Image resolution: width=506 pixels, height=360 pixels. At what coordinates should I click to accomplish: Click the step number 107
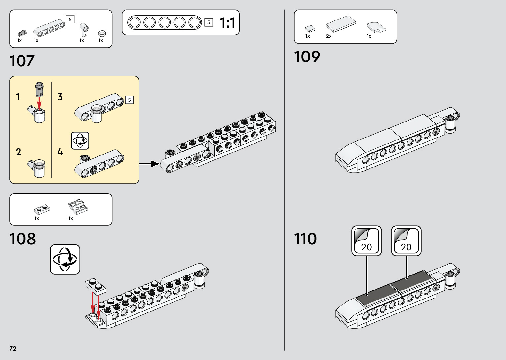22,61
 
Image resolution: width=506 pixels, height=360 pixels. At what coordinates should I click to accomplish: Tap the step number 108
22,239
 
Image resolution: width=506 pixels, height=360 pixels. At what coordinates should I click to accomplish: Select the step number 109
307,57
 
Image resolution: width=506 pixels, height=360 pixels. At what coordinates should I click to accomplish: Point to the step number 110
305,239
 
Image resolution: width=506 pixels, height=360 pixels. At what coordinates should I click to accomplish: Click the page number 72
13,348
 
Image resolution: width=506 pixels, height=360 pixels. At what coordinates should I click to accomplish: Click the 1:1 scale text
227,23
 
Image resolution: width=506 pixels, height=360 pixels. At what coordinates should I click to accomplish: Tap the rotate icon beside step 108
65,260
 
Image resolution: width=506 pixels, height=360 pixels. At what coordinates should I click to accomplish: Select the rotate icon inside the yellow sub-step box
80,140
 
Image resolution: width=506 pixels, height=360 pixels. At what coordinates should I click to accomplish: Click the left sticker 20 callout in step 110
367,241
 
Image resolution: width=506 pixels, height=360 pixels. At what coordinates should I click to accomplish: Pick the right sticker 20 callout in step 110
406,241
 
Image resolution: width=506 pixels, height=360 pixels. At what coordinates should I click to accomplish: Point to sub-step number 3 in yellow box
60,97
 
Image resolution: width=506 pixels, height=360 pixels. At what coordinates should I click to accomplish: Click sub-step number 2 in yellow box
19,152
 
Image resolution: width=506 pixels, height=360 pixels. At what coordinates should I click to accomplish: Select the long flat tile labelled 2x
341,24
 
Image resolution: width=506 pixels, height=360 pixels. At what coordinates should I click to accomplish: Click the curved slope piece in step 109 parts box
376,27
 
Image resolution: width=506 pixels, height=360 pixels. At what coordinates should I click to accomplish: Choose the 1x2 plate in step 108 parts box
42,209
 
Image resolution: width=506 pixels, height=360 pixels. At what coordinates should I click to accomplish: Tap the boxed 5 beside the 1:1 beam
209,22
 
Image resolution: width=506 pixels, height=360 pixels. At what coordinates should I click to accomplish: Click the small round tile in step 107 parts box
102,33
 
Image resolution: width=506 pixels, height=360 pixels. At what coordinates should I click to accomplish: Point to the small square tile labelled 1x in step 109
310,29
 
